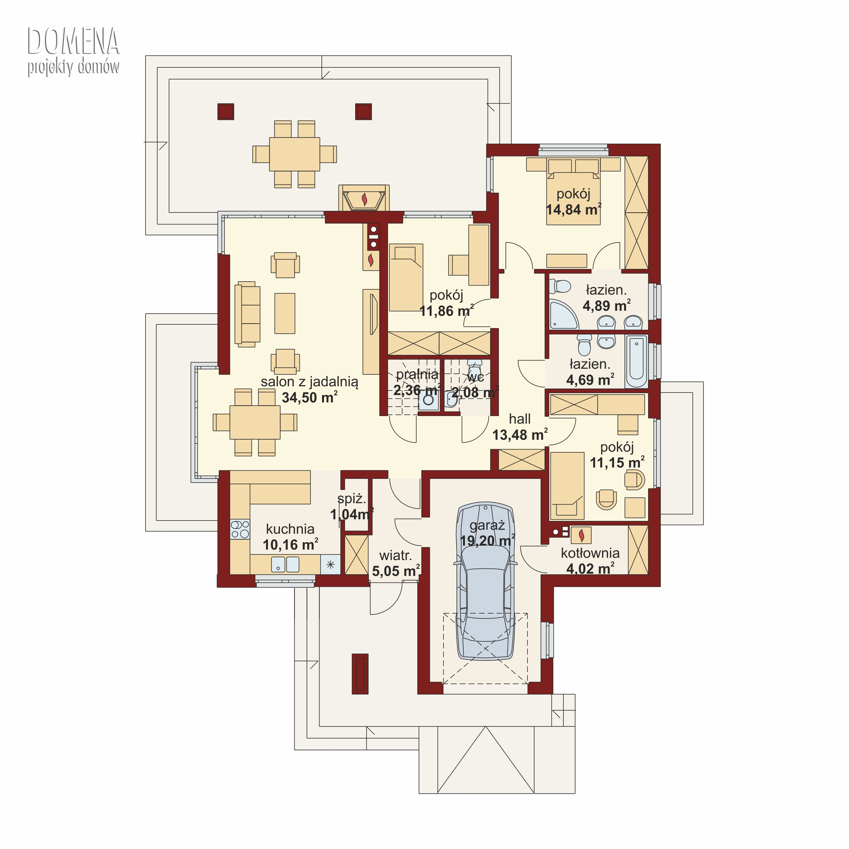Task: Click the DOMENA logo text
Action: (x=73, y=41)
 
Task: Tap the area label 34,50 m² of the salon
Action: (x=309, y=397)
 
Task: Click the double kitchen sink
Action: (x=285, y=564)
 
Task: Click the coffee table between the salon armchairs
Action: (x=285, y=313)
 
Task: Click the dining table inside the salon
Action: (x=255, y=422)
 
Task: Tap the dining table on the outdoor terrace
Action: (x=294, y=154)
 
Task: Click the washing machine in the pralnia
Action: (x=428, y=400)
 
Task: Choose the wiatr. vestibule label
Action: (x=396, y=556)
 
